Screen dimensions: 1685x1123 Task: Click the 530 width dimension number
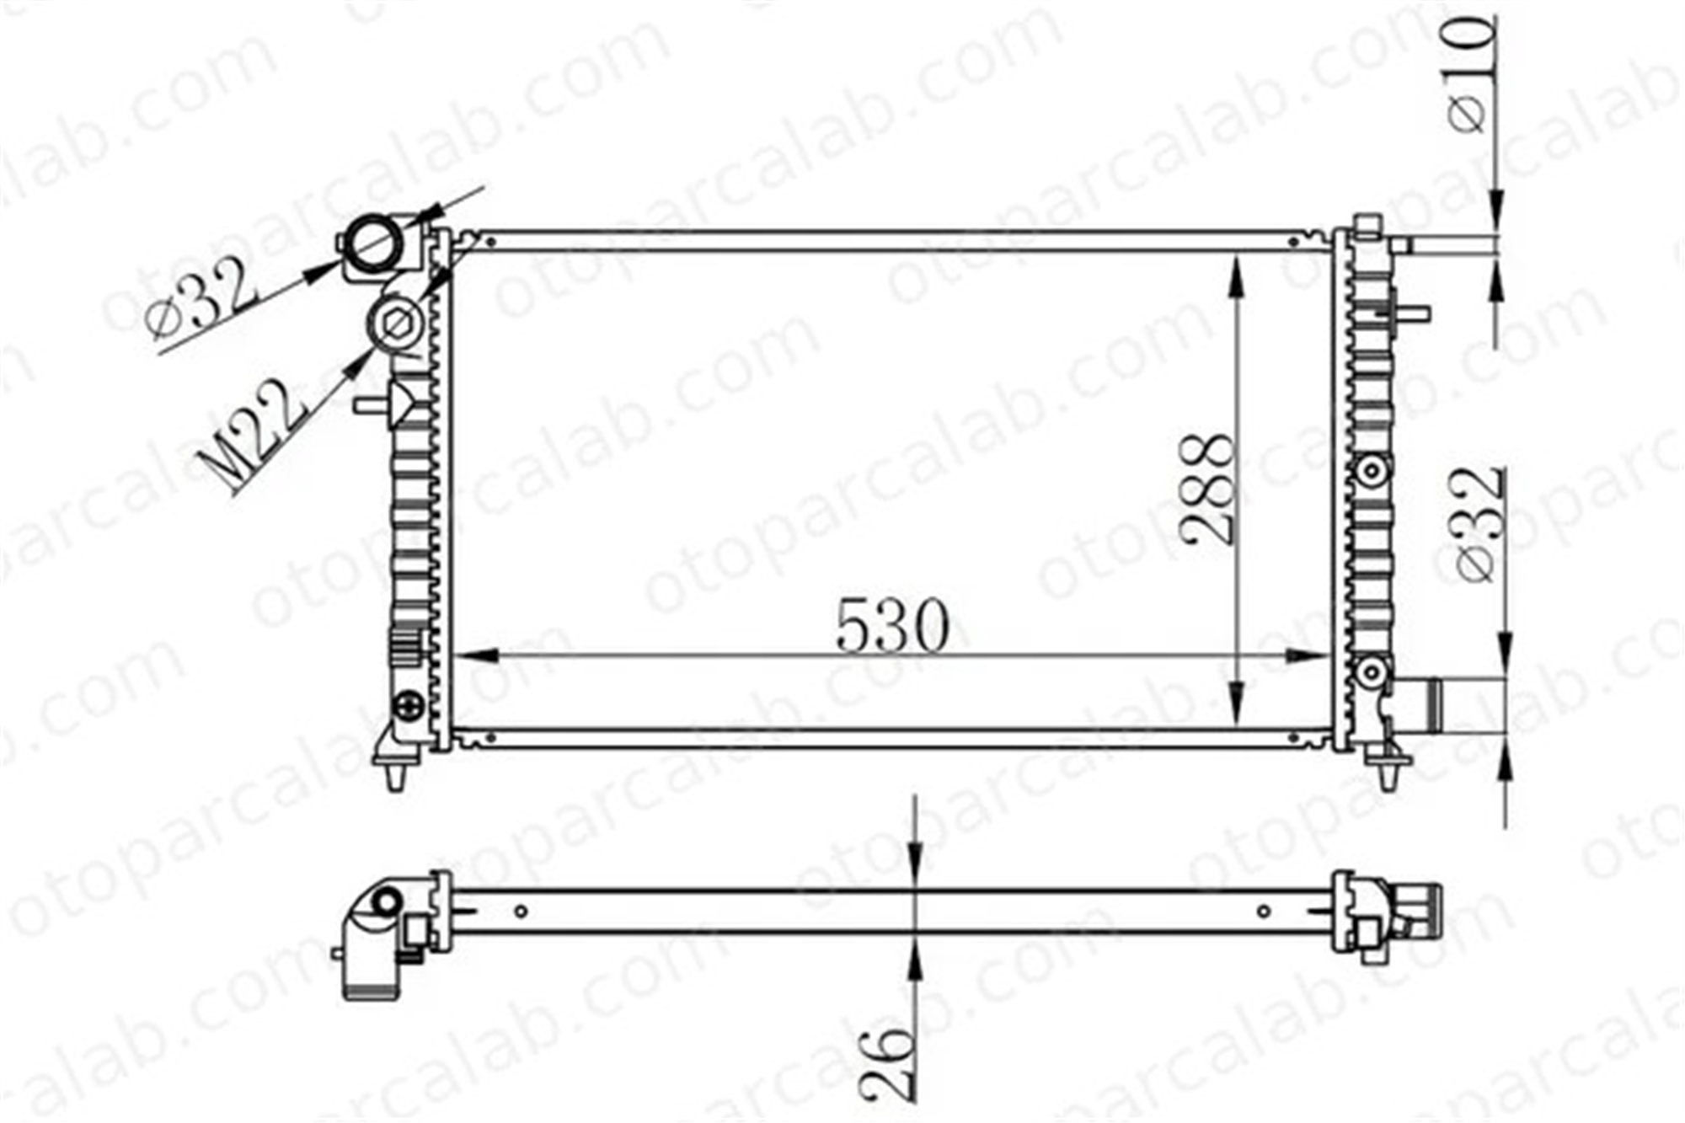892,626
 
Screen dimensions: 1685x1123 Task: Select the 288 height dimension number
1208,489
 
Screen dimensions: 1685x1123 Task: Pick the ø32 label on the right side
1481,524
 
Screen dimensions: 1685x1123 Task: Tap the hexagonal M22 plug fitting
397,324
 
